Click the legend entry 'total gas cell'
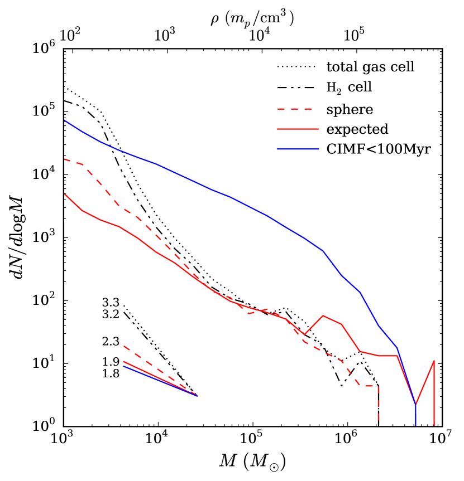point(370,67)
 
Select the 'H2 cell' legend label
point(349,88)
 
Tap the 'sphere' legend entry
point(350,109)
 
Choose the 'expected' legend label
point(357,129)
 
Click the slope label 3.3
point(111,304)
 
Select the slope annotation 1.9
point(111,362)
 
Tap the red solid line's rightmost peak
point(433,361)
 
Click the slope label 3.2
point(111,314)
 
